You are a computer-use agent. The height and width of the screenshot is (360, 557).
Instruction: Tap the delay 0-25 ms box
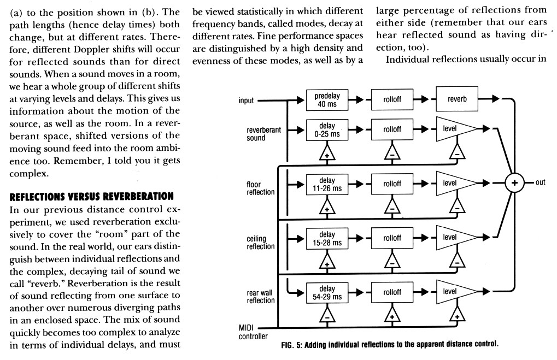point(327,129)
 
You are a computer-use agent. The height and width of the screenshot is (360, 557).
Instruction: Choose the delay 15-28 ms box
point(327,237)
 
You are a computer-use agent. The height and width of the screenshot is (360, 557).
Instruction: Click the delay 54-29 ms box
point(327,292)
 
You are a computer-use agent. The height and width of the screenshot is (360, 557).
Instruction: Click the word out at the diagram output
point(541,183)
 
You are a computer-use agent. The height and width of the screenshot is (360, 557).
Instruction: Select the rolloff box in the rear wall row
point(391,292)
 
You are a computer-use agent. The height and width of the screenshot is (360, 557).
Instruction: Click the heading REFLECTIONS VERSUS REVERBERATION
point(89,196)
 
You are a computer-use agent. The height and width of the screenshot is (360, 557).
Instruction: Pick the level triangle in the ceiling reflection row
point(453,237)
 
